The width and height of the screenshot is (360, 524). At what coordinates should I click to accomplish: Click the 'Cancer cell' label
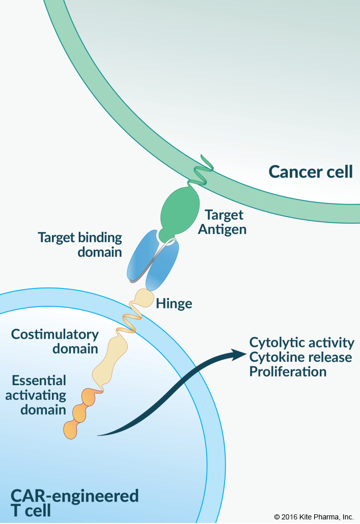point(311,171)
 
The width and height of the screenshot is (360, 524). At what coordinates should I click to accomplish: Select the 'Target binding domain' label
point(80,244)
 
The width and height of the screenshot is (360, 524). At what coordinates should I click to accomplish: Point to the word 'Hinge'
point(174,304)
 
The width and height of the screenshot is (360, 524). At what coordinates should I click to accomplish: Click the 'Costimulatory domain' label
point(55,341)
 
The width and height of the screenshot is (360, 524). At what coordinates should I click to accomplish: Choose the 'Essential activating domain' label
point(39,395)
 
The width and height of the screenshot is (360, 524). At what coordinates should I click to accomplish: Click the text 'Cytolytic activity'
point(301,342)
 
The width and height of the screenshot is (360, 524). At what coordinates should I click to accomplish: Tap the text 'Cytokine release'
point(300,357)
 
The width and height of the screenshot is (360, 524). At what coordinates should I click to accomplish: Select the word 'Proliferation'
point(288,371)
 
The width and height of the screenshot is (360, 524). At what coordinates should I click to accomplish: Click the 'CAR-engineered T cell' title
point(74,503)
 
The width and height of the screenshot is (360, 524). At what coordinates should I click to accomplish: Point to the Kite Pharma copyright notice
point(314,516)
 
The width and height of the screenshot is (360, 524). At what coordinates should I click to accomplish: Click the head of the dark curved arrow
point(237,354)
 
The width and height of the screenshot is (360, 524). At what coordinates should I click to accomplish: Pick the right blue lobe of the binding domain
point(164,266)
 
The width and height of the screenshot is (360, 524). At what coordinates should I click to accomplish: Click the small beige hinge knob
point(144,297)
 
